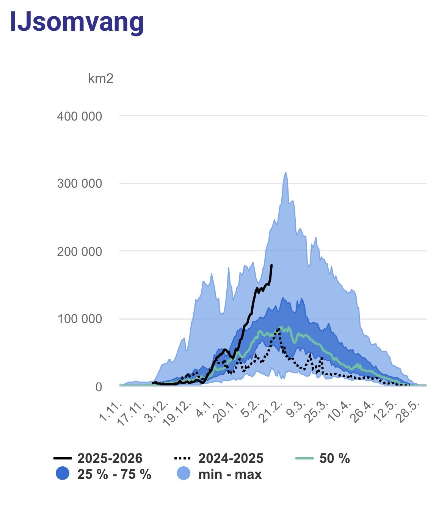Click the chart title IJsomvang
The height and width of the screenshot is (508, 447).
(77, 22)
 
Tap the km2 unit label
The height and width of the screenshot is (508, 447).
(100, 78)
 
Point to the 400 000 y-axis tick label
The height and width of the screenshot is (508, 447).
(80, 116)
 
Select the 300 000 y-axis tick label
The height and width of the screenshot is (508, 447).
(80, 183)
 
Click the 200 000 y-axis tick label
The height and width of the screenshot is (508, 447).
(80, 251)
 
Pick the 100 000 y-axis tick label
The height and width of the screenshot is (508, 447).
(80, 319)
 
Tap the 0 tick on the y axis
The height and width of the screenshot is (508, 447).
(99, 387)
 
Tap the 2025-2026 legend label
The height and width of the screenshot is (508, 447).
(110, 458)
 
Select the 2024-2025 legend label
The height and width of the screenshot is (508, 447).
(231, 458)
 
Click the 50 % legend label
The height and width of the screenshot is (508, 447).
(334, 458)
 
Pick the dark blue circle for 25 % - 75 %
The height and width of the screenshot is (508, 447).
(63, 474)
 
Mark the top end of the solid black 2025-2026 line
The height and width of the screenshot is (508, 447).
(271, 265)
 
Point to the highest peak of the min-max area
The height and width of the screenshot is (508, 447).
(286, 173)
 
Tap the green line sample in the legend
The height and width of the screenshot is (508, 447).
(304, 458)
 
